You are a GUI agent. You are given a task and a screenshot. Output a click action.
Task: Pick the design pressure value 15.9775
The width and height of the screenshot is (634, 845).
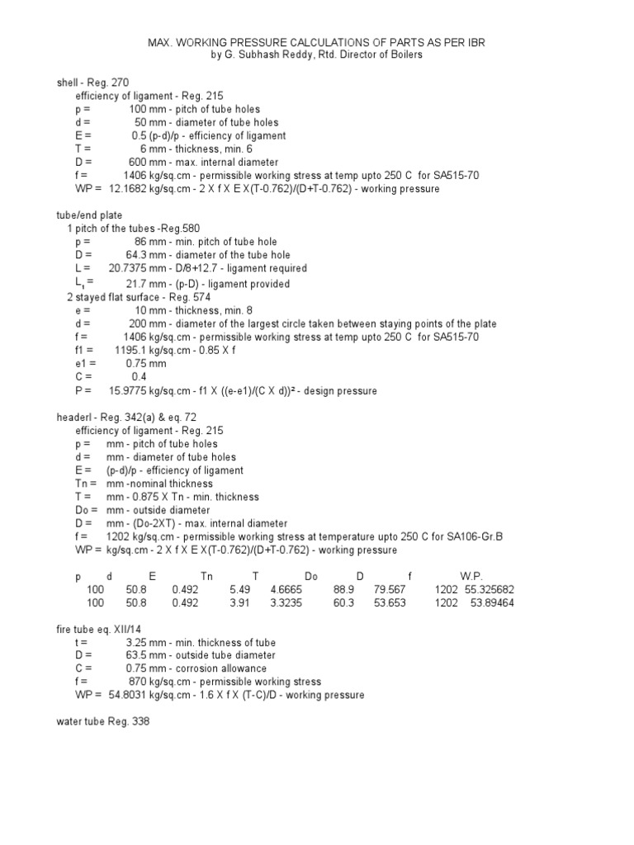click(128, 390)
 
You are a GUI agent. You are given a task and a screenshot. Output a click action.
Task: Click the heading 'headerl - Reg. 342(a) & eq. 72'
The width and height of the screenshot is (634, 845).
click(126, 418)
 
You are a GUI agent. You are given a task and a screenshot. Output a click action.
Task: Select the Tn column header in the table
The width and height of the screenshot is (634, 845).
click(207, 576)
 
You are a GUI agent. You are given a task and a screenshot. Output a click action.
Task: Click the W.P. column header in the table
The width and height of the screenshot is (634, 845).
click(471, 576)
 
